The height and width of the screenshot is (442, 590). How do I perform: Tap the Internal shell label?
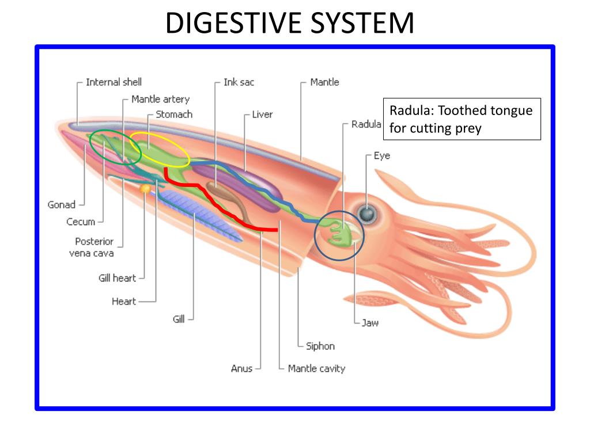(x=114, y=82)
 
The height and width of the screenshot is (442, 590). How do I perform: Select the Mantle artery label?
(x=160, y=99)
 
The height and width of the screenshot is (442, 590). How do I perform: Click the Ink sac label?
(x=239, y=82)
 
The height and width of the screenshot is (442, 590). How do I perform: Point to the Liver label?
(x=262, y=115)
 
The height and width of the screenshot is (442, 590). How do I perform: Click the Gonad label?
(x=61, y=205)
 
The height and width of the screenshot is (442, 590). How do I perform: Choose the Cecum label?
(x=81, y=222)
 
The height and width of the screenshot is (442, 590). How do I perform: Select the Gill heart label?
(x=117, y=278)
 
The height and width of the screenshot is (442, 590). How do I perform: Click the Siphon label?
(x=320, y=346)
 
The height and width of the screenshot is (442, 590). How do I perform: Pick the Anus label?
(x=241, y=369)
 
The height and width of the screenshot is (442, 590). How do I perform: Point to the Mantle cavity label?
(x=316, y=369)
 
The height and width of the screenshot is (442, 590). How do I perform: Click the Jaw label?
(x=370, y=323)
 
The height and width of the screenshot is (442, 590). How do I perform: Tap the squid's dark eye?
(x=366, y=214)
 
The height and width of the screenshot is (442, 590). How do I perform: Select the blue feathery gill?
(x=199, y=215)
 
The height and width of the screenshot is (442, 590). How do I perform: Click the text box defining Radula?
(x=462, y=119)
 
